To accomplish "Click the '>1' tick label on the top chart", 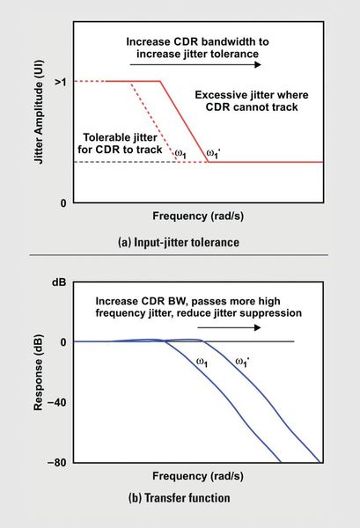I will pyautogui.click(x=56, y=82).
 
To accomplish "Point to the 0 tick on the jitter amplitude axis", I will pyautogui.click(x=62, y=203).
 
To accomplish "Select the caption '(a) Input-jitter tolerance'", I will pyautogui.click(x=179, y=240).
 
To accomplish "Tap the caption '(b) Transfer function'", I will pyautogui.click(x=180, y=498).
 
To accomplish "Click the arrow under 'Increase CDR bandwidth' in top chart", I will pyautogui.click(x=193, y=65).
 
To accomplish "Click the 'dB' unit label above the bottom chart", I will pyautogui.click(x=60, y=284).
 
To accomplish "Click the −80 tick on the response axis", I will pyautogui.click(x=55, y=462).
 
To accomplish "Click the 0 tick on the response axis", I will pyautogui.click(x=62, y=341).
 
